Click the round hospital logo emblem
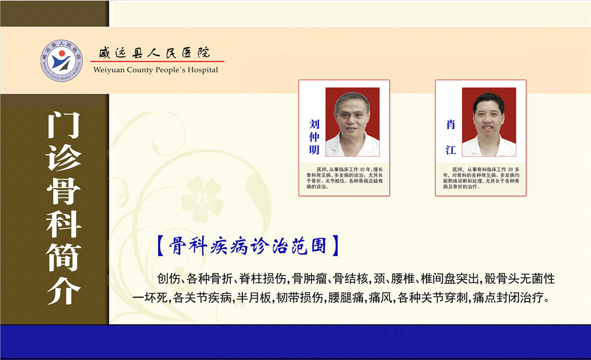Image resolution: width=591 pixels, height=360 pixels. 61,61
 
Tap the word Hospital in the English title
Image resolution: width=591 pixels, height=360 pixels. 203,70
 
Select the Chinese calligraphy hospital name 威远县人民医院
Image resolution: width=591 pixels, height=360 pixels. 155,53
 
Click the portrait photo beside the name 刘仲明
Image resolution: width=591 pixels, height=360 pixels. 352,122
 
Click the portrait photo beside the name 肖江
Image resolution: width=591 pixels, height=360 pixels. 489,122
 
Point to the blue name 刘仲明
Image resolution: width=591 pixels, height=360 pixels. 314,137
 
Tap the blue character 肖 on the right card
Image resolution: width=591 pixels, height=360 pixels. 451,125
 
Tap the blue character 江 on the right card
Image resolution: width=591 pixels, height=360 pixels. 451,150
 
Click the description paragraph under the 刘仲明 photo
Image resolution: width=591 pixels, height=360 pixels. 344,178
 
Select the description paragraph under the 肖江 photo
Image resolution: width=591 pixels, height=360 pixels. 481,178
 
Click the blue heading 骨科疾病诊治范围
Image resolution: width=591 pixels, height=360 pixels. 248,246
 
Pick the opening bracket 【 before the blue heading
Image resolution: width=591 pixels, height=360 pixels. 160,246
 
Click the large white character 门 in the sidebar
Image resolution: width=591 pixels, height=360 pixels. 64,125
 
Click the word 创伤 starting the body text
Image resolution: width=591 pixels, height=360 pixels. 169,278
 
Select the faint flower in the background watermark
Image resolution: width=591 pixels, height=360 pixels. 203,199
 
